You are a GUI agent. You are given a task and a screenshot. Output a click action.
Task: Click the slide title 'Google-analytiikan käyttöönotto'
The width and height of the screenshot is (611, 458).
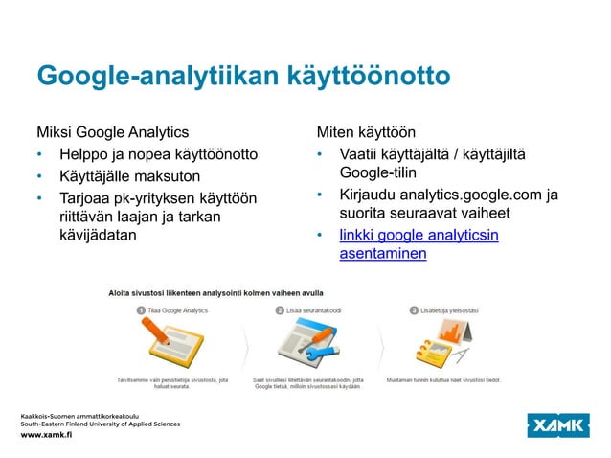(242, 77)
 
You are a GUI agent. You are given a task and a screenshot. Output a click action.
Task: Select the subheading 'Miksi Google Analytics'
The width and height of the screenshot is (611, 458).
(112, 131)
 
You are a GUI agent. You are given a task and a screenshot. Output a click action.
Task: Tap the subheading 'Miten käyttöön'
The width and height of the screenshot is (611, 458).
(366, 131)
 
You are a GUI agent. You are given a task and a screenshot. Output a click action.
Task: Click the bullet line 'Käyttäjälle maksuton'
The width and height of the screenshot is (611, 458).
(129, 176)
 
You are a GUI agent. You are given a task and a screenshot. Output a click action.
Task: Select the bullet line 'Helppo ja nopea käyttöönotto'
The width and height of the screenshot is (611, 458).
(158, 154)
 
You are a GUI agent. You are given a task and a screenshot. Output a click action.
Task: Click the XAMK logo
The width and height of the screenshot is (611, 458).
(560, 424)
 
